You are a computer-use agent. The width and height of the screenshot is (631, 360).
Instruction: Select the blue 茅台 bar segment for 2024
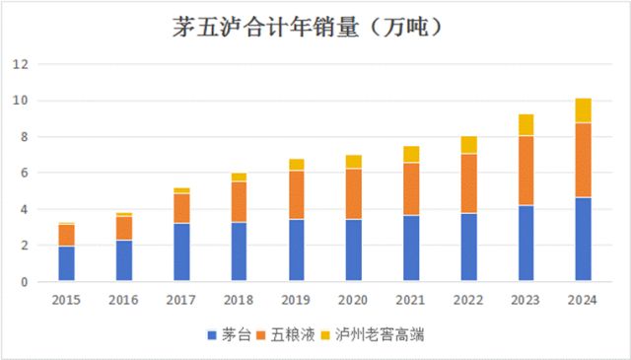point(583,240)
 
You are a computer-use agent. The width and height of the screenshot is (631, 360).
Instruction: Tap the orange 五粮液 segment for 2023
point(526,171)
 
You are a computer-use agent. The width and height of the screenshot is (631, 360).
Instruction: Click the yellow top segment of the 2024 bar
point(583,110)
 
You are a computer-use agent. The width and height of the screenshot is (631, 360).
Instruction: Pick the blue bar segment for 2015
point(66,263)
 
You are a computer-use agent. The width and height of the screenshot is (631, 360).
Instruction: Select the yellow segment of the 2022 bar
point(468,145)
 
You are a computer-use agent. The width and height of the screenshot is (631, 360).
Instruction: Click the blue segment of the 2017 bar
point(181,252)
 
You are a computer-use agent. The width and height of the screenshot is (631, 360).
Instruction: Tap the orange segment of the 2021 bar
point(411,189)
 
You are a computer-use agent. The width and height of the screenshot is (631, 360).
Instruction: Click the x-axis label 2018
point(239,299)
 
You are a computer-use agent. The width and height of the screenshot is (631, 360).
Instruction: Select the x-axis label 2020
point(353,299)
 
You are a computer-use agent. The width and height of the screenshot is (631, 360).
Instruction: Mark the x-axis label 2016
point(123,299)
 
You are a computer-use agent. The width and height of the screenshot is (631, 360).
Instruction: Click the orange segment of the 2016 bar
point(123,228)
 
